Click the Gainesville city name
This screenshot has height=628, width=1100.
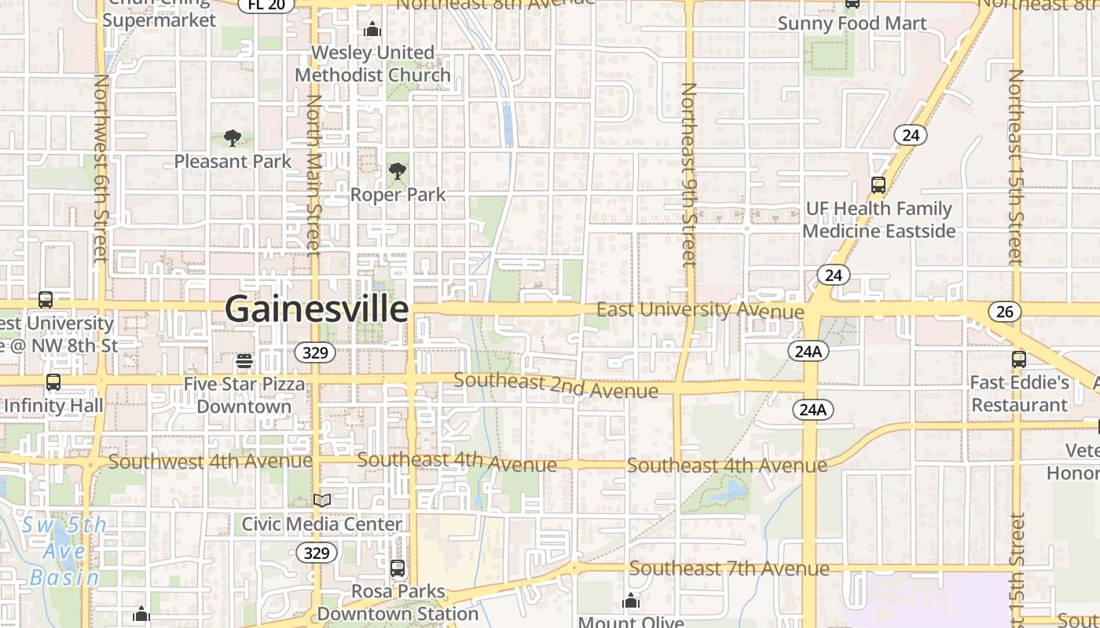317,309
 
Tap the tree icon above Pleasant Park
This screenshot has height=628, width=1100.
232,139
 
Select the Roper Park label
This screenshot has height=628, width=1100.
398,194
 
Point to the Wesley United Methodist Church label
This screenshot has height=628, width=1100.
372,64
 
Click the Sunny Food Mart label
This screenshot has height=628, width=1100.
852,23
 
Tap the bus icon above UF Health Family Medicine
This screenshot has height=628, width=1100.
878,185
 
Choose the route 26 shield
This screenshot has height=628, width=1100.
1004,312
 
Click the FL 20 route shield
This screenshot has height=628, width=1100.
266,5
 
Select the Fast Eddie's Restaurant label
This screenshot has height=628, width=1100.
1020,393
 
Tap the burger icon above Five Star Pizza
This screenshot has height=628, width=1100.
244,361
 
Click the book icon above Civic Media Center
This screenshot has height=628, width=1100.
321,500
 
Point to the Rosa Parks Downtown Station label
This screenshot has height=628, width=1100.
398,602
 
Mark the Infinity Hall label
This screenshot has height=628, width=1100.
53,406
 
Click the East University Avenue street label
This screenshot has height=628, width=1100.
700,309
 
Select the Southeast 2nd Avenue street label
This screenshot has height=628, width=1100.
555,385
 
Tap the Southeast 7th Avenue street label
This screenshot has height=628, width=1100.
729,568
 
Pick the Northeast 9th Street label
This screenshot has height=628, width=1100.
688,174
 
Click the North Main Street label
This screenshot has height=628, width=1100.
313,174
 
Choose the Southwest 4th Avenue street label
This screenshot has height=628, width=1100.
200,461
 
